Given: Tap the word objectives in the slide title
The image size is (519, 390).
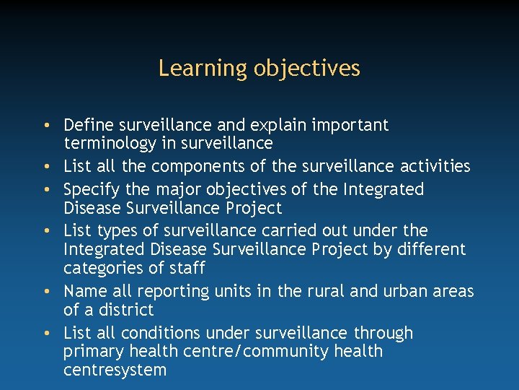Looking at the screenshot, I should pos(307,69).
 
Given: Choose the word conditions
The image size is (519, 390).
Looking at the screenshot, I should pos(159,333).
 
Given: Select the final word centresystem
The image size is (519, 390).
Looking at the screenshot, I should pos(115,371).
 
